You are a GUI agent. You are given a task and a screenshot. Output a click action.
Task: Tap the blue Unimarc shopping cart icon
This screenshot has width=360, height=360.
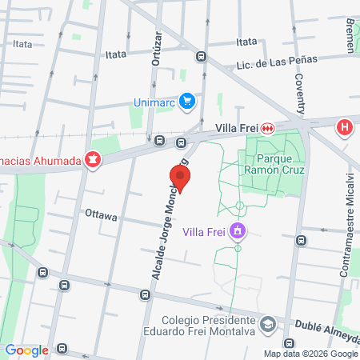tap(186, 102)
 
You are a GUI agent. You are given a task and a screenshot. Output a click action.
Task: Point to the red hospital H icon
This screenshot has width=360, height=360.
tap(345, 127)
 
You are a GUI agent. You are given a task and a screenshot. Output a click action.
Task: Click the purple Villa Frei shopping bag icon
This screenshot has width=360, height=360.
tap(236, 232)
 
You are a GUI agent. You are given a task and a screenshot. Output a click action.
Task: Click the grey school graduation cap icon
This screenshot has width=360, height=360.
tap(268, 324)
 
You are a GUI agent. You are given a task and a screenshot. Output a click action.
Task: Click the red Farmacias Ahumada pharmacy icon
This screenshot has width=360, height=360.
tap(94, 160)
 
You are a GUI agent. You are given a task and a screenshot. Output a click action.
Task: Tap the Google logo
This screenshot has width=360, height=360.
tap(26, 350)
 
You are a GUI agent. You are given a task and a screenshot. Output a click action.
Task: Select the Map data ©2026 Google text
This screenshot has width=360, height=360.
tap(311, 354)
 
